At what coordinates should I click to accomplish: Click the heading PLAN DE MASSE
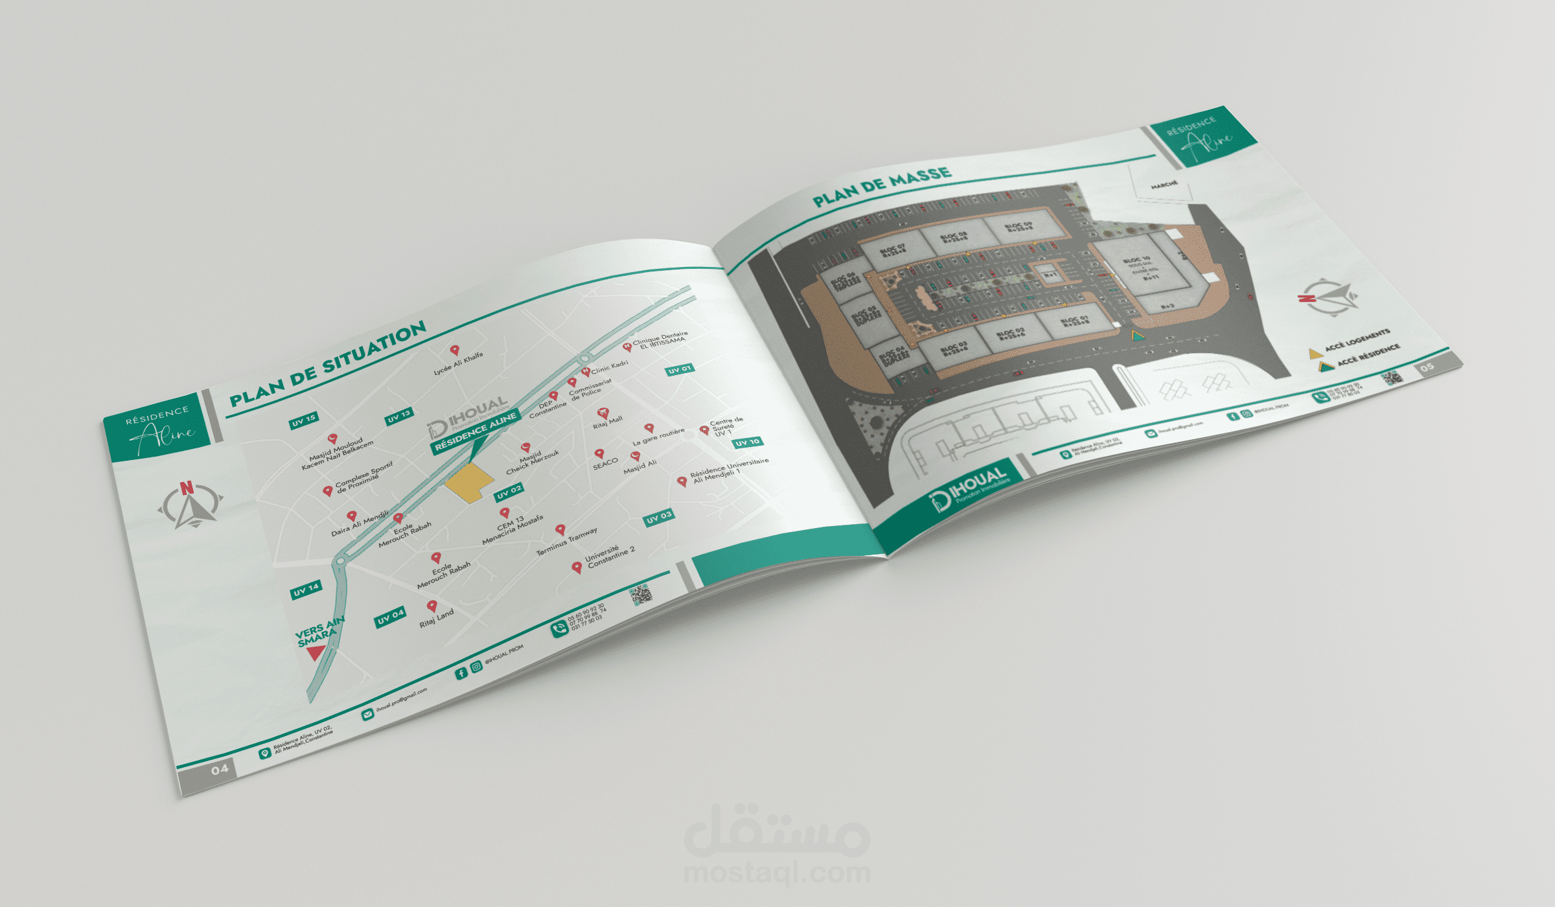click(882, 186)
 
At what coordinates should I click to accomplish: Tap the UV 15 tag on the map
click(303, 420)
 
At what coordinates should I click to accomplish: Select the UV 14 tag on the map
click(306, 590)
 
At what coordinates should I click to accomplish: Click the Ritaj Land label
click(436, 618)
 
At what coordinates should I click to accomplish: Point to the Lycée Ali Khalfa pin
click(455, 350)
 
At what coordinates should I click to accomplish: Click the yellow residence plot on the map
click(468, 483)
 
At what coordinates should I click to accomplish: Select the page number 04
click(220, 770)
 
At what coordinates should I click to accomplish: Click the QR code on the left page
click(640, 594)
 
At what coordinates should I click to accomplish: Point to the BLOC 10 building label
click(1137, 259)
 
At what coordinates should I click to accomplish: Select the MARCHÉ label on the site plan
click(1164, 185)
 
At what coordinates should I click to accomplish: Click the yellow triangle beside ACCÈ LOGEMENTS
click(1315, 353)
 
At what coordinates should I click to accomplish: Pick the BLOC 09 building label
click(1019, 227)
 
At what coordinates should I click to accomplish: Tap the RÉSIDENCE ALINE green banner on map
click(476, 431)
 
